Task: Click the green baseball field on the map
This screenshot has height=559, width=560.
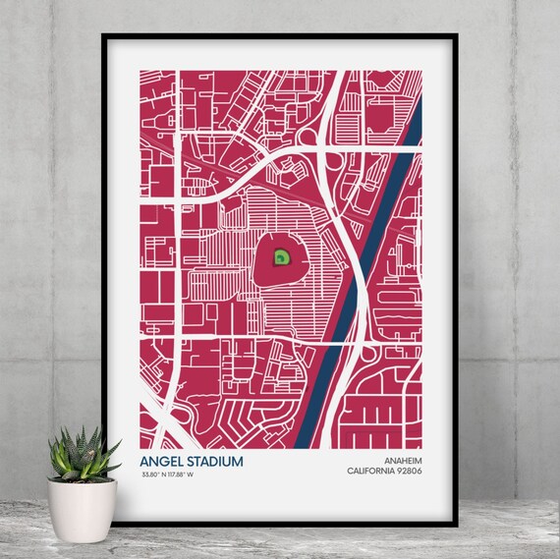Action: click(x=281, y=258)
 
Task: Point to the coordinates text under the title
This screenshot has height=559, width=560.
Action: click(x=177, y=475)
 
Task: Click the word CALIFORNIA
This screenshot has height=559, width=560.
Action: click(x=371, y=470)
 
